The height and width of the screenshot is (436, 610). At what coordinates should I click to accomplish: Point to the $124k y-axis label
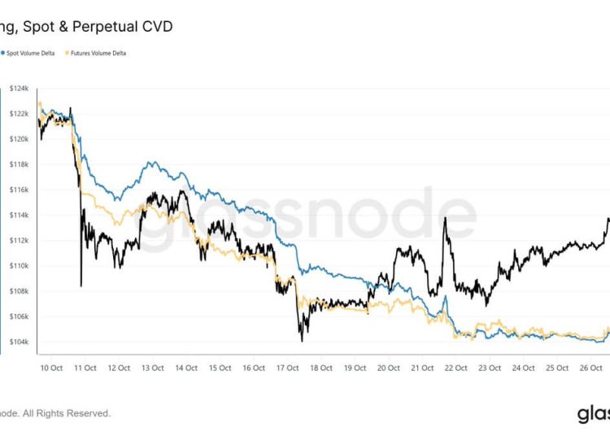coord(20,88)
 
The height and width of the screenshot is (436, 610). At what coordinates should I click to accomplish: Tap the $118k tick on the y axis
coord(20,164)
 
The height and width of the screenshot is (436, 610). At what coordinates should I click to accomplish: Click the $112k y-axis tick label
coord(20,241)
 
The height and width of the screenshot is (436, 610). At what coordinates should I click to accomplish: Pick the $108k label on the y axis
coord(20,291)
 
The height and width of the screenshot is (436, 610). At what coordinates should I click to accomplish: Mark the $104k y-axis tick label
coord(20,342)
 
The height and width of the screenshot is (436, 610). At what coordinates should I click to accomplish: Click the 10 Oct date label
coord(50,368)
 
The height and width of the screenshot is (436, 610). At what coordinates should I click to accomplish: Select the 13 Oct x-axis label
coord(151,368)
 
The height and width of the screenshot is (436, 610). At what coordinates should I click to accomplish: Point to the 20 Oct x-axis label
coord(387,368)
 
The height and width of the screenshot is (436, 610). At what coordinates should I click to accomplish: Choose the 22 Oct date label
coord(455,368)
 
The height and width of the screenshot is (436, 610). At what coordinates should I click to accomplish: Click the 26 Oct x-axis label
coord(589,368)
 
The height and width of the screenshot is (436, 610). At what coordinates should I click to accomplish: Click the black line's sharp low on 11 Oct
coord(81,286)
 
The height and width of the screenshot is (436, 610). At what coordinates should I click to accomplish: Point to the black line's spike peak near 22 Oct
coord(445,218)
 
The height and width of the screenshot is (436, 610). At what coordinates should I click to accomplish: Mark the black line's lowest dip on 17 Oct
coord(302,340)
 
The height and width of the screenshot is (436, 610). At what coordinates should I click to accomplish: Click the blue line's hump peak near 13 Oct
coord(151,163)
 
